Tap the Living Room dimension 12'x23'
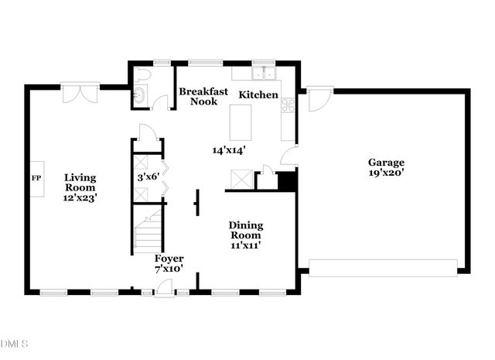(x=80, y=197)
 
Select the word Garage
(x=385, y=163)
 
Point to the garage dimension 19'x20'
(x=385, y=173)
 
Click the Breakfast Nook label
(x=203, y=96)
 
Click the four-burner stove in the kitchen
(x=288, y=106)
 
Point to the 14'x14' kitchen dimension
(x=229, y=151)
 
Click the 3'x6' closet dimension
(x=147, y=177)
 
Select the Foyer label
(x=169, y=259)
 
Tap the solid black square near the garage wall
(x=287, y=181)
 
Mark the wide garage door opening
(x=384, y=268)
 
